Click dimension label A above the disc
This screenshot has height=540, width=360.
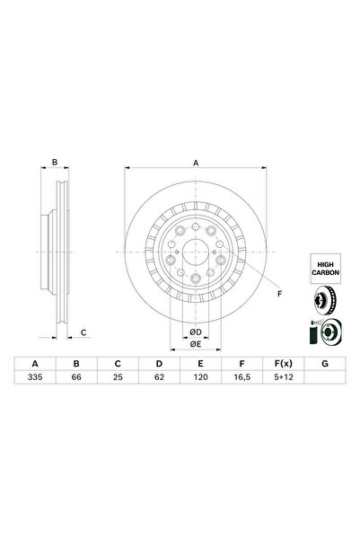(x=195, y=162)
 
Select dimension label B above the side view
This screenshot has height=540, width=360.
(x=54, y=162)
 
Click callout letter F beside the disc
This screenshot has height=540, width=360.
(x=277, y=294)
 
